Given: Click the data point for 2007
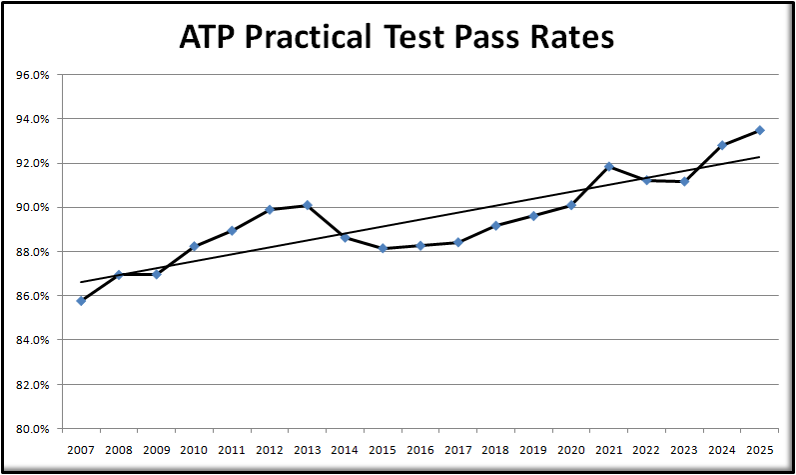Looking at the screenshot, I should [x=81, y=300].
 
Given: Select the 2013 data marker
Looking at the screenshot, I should [x=307, y=205].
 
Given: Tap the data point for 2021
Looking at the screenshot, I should [x=609, y=166].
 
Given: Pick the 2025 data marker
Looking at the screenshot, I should [x=760, y=130].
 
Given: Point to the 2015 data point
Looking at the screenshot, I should [x=383, y=248].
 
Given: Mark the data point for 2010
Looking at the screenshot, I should [x=194, y=246].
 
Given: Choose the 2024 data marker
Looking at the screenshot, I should [x=722, y=145].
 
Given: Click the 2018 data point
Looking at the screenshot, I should [x=495, y=226].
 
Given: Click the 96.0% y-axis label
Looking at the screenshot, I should [x=34, y=75].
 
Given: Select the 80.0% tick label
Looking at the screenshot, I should [x=34, y=428].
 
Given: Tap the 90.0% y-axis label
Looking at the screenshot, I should [x=34, y=207].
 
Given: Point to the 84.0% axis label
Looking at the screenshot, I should [x=34, y=340].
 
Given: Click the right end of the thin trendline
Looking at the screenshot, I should [x=760, y=157].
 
